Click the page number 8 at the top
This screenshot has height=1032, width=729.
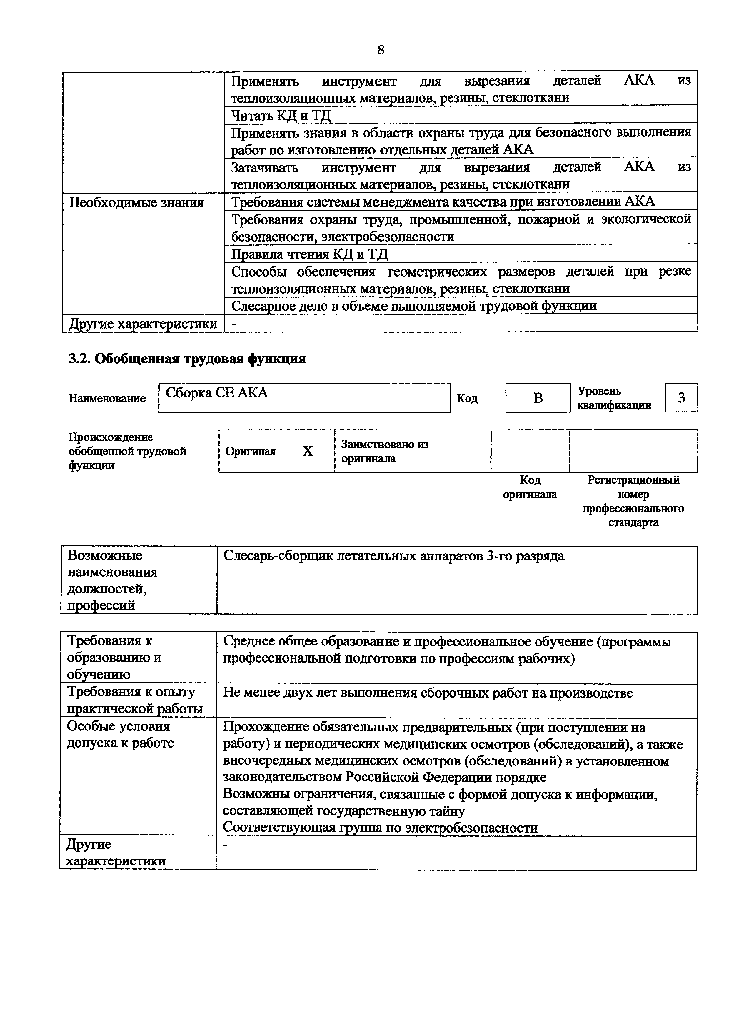point(381,50)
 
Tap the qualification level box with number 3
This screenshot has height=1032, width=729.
point(681,398)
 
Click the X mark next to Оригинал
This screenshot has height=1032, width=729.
point(307,451)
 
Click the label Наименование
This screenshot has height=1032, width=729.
point(107,398)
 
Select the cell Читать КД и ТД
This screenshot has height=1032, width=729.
point(281,116)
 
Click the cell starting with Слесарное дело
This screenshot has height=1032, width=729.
point(414,306)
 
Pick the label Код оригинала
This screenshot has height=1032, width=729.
point(530,487)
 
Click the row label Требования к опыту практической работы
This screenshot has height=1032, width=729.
point(134,700)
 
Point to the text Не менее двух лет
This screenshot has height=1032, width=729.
point(427,693)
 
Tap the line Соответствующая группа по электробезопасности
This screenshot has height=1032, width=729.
point(380,828)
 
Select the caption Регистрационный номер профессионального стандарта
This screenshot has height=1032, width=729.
point(633,501)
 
